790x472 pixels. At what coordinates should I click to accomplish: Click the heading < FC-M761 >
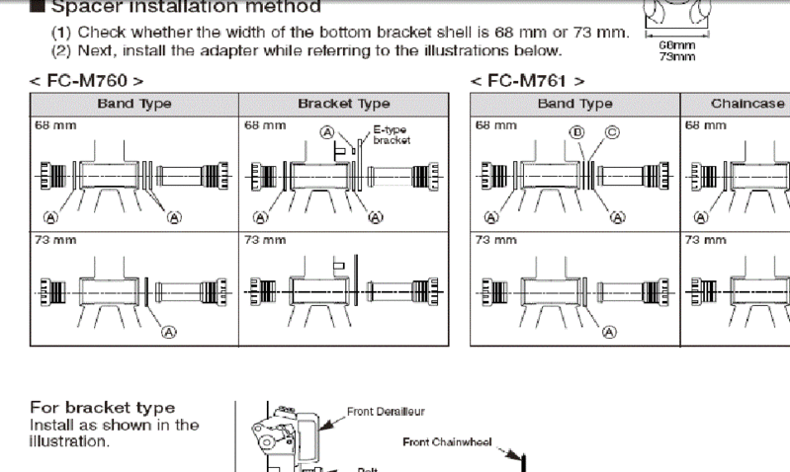(528, 81)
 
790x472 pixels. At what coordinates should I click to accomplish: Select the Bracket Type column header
(343, 103)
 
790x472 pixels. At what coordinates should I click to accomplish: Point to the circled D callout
(575, 131)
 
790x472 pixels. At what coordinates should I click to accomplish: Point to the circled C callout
(610, 131)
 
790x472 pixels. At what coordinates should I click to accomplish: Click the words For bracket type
(103, 408)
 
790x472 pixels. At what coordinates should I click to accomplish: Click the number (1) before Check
(61, 33)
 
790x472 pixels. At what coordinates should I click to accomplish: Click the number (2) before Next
(61, 49)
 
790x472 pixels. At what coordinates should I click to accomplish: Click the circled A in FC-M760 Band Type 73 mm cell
(168, 332)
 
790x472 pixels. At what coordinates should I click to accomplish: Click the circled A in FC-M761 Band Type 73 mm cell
(610, 332)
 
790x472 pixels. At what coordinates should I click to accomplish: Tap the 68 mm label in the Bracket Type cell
(259, 125)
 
